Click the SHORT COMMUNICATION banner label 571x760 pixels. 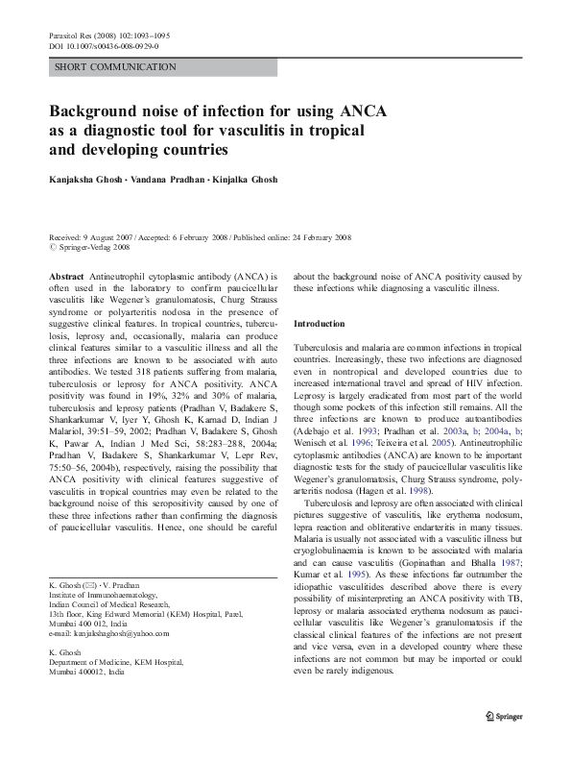click(x=115, y=67)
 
